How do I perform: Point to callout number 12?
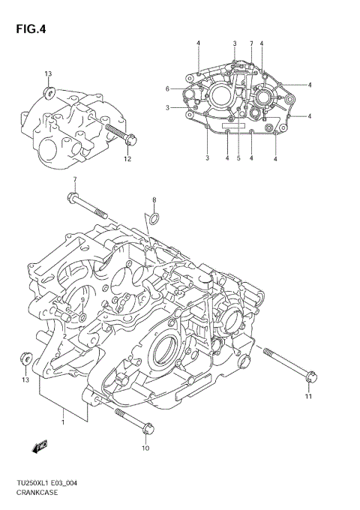tap(127, 158)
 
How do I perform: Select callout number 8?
tap(154, 200)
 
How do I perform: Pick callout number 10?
tap(145, 448)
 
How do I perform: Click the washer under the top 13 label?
tap(49, 91)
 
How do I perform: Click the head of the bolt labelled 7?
tap(73, 198)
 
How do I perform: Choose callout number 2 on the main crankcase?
tap(66, 337)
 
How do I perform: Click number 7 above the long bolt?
tap(75, 179)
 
